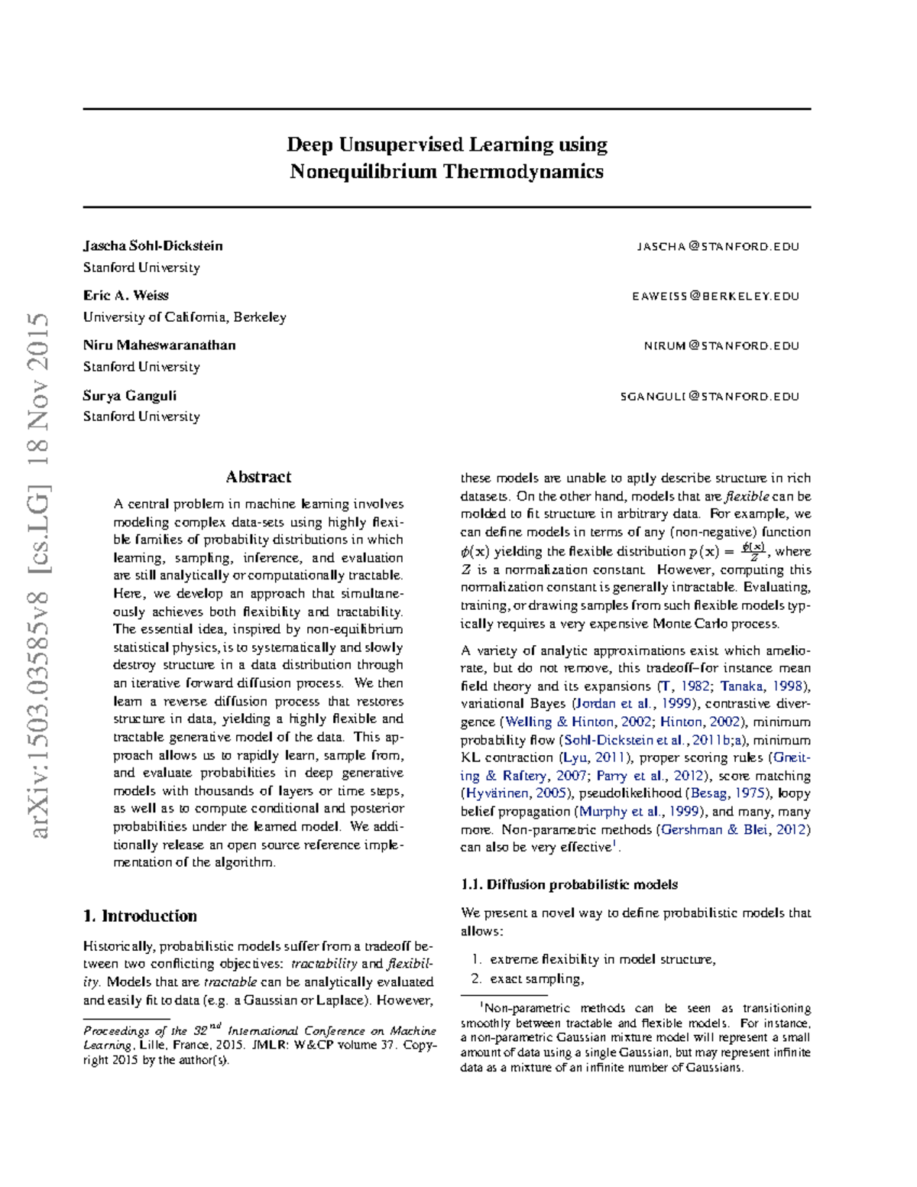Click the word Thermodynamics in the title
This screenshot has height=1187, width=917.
point(523,171)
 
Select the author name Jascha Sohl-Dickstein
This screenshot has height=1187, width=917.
point(153,246)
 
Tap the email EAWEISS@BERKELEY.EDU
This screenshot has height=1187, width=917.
point(715,297)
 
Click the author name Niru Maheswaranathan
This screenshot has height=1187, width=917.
point(159,345)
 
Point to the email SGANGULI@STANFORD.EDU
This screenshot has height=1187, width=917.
point(709,397)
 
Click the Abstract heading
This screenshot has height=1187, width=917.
point(258,477)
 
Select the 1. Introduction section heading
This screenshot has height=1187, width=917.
point(140,916)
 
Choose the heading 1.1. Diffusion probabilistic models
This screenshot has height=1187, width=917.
point(569,884)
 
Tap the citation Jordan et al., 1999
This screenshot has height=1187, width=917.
point(631,704)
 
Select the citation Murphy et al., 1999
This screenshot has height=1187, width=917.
point(639,812)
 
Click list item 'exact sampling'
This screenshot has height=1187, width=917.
point(536,978)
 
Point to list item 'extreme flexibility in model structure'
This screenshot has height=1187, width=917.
point(602,959)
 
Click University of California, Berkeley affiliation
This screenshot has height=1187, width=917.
point(184,317)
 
